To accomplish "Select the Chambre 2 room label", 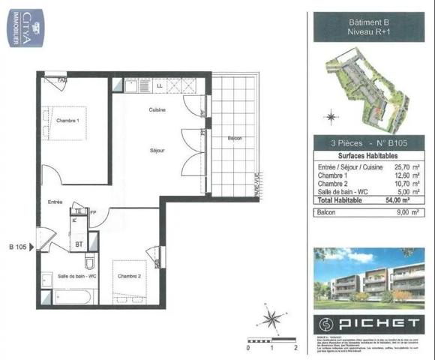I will pos(129,277).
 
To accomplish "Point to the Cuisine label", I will pos(157,110).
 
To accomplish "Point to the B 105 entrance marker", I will pos(20,246).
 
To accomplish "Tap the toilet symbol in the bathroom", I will pos(88,262).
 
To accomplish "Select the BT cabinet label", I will pos(79,244).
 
